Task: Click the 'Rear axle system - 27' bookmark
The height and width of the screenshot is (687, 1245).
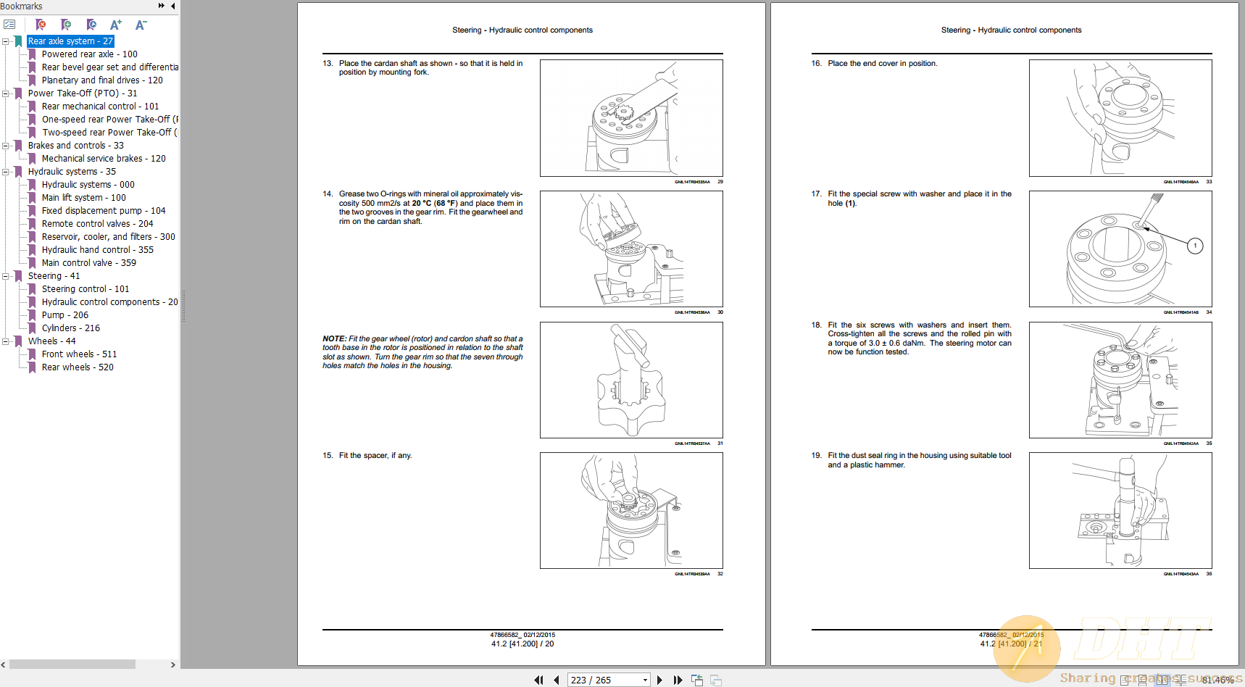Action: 70,41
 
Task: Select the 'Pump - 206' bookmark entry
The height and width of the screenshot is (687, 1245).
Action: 64,315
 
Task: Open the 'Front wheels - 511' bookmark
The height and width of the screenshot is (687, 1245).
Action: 78,354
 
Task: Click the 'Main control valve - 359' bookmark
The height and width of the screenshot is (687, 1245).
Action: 88,263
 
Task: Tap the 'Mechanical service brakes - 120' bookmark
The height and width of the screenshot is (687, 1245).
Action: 103,159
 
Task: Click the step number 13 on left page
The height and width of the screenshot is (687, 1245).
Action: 328,64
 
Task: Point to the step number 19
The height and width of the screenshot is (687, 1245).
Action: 816,456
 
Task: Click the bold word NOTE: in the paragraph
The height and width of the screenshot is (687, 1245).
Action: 334,339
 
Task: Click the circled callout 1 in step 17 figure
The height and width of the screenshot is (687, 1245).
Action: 1195,246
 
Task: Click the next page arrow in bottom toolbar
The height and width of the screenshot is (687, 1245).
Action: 659,680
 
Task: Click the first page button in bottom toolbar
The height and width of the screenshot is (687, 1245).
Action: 538,680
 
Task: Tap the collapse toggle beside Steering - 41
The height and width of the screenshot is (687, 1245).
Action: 6,276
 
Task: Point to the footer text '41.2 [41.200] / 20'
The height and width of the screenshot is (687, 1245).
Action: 522,644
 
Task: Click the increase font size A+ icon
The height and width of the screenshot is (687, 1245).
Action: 116,25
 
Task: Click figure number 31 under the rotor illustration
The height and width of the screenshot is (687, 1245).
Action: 720,444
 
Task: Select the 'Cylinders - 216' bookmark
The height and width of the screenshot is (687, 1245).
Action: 70,328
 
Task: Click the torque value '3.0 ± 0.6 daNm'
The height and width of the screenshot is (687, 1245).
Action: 896,343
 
